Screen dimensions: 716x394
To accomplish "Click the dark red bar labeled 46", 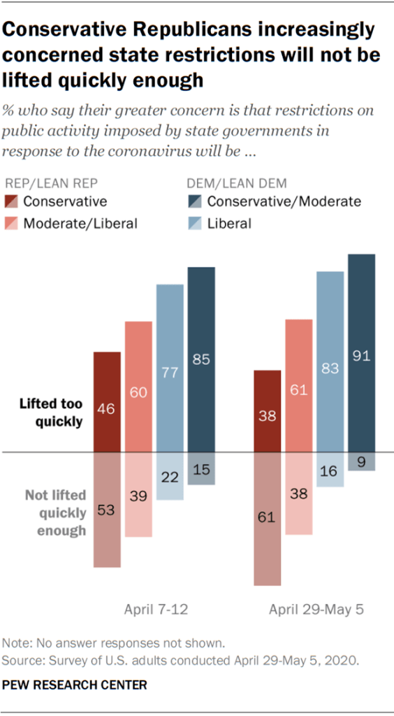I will pyautogui.click(x=108, y=401).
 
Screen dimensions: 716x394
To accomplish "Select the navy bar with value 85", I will pyautogui.click(x=201, y=359).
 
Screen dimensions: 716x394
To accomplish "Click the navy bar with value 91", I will pyautogui.click(x=361, y=353).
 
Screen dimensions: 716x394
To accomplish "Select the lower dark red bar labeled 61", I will pyautogui.click(x=267, y=518).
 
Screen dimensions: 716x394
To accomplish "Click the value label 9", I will pyautogui.click(x=361, y=461).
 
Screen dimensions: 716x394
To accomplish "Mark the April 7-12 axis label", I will pyautogui.click(x=155, y=610).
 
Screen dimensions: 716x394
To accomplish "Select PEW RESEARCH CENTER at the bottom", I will pyautogui.click(x=76, y=685).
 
